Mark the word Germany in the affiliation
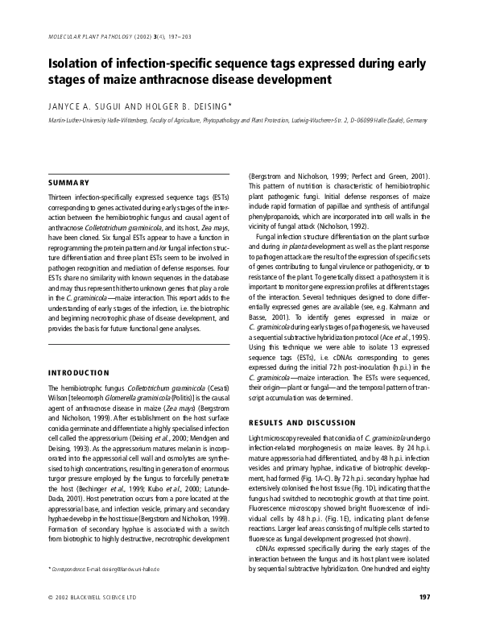tap(415, 120)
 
